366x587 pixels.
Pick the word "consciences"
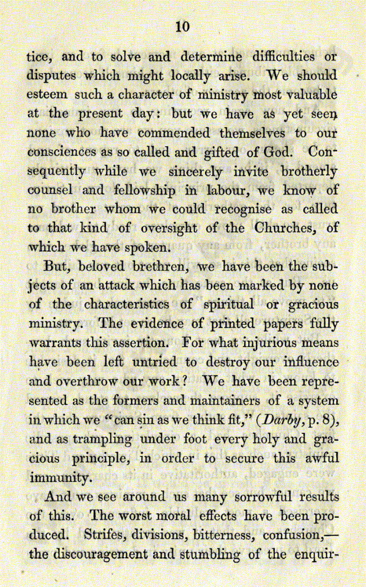(x=62, y=153)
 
